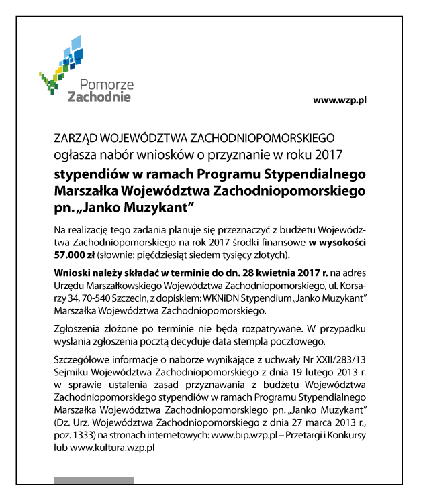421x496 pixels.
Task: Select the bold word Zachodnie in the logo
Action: pyautogui.click(x=100, y=97)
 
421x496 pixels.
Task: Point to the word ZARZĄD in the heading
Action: pyautogui.click(x=76, y=139)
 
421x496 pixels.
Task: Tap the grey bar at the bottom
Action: pyautogui.click(x=94, y=480)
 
